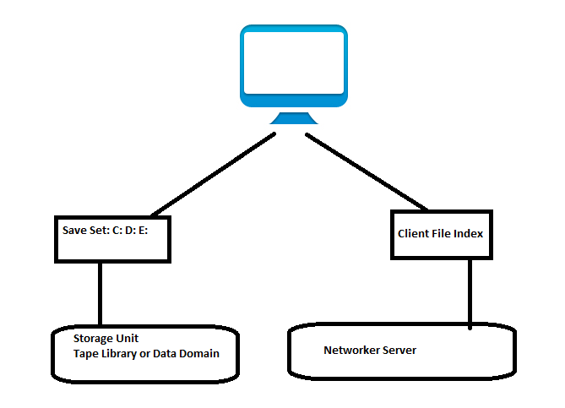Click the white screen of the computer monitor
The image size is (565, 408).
(293, 63)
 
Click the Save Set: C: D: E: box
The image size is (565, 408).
(113, 239)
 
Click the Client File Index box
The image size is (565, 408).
(440, 234)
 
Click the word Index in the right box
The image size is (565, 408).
(468, 233)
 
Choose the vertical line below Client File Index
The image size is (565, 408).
(470, 292)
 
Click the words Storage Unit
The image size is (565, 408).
(106, 338)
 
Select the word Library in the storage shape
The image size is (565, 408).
(124, 353)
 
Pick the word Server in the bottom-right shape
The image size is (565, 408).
(399, 350)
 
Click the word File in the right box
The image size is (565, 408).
(444, 233)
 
